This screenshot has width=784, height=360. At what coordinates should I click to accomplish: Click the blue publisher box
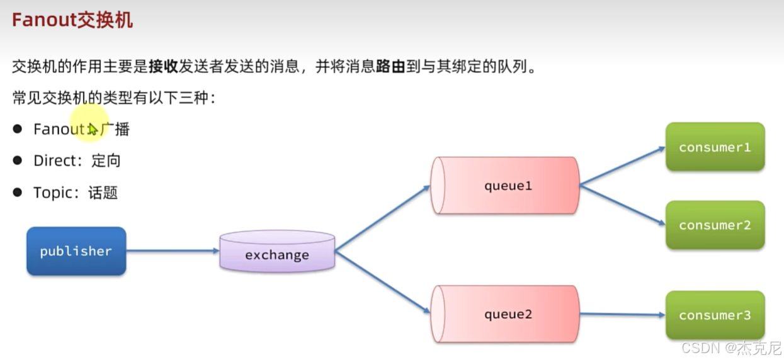pos(76,251)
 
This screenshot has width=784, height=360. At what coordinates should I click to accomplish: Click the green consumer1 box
pos(715,147)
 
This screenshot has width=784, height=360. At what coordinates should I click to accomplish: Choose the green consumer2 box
pos(715,225)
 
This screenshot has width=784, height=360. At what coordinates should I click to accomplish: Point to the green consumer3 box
pos(715,315)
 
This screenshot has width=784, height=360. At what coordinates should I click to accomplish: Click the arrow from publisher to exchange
pos(173,251)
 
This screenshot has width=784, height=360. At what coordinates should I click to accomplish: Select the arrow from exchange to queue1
pos(382,218)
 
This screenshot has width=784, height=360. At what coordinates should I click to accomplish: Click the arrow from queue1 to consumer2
pos(622,205)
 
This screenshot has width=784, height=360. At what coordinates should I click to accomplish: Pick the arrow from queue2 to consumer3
pos(622,314)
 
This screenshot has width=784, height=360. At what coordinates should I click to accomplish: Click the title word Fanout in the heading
pos(43,20)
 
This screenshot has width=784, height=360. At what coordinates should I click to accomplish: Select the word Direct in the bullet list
pos(54,161)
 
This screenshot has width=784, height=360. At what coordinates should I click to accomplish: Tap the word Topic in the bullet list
pos(52,193)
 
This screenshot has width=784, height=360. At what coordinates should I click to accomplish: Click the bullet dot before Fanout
pos(18,129)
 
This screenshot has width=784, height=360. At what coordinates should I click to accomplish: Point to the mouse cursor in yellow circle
pos(93,129)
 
